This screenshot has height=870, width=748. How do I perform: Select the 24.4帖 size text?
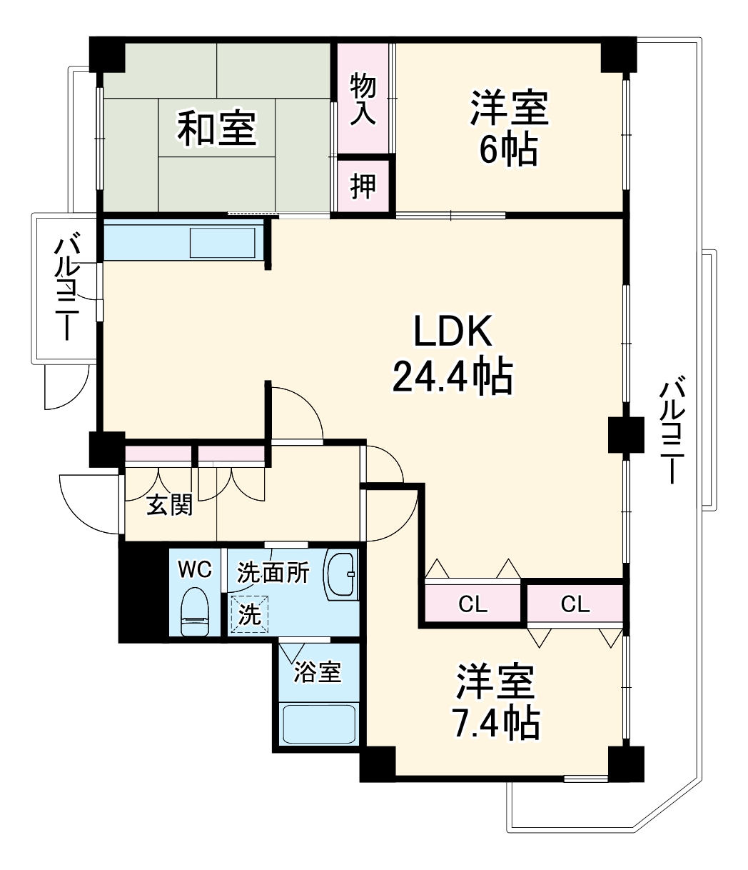[x=453, y=376]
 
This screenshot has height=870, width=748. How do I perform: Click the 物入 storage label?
[x=363, y=99]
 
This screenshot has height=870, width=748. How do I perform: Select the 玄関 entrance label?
[x=169, y=505]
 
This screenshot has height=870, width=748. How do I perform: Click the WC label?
[x=194, y=569]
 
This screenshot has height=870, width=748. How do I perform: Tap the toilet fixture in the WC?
[x=195, y=611]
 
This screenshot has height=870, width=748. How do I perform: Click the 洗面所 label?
[x=273, y=572]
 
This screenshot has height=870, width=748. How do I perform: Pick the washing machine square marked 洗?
[x=249, y=614]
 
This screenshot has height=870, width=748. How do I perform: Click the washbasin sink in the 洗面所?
[x=342, y=573]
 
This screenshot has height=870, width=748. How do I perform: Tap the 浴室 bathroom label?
[x=318, y=671]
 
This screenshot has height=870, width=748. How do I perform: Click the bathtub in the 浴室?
[x=318, y=724]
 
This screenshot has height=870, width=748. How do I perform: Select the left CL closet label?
[x=472, y=605]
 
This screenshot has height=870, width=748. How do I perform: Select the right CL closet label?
[x=575, y=604]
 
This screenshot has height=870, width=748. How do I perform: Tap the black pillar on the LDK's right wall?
[x=626, y=435]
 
